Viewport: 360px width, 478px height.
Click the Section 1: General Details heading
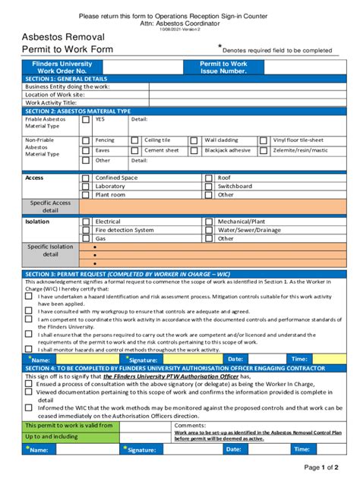[67, 79]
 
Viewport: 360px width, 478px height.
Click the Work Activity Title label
[52, 102]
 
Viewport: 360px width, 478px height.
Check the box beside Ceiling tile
[135, 140]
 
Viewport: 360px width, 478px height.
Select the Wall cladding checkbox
[194, 140]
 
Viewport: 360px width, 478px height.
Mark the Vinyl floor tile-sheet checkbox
[263, 140]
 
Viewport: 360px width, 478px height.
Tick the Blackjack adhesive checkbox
[194, 150]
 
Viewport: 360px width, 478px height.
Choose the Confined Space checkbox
[86, 178]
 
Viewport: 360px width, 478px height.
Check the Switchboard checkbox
[209, 186]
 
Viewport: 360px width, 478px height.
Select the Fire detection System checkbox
[86, 230]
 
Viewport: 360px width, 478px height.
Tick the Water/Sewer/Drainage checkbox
[209, 230]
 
